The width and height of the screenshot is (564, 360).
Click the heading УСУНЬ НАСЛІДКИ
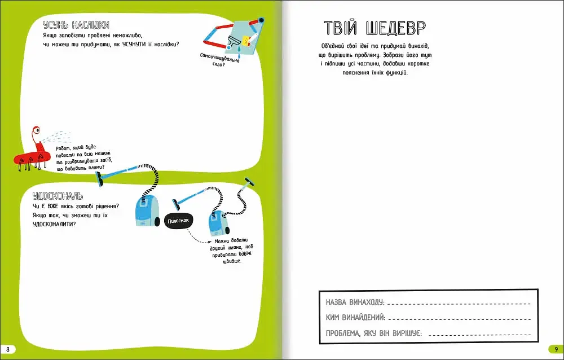pos(76,25)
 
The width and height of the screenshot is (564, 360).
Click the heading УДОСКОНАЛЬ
pos(58,196)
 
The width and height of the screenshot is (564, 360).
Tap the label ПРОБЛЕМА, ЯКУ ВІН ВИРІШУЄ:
pos(374,333)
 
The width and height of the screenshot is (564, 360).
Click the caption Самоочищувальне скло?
pos(220,60)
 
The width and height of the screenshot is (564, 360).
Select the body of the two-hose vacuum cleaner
pos(217,225)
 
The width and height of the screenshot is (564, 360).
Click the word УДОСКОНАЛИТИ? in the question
pos(55,224)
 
